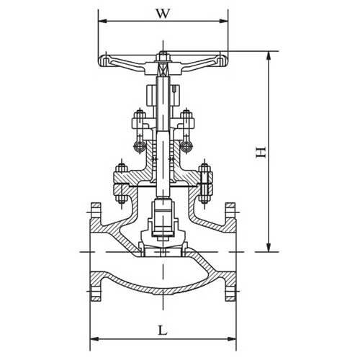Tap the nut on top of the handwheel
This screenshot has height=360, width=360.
pos(163,55)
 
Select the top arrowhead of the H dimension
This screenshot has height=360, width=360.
pos(270,54)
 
